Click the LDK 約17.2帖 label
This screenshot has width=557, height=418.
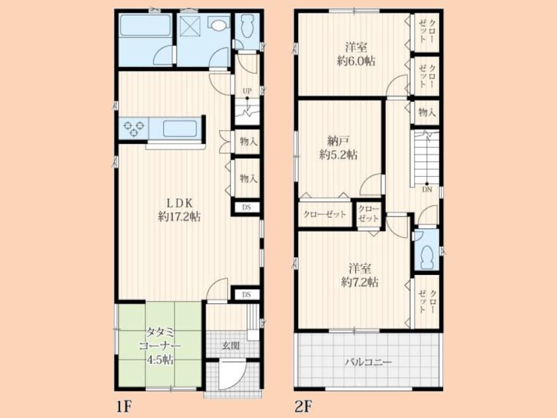tap(179, 210)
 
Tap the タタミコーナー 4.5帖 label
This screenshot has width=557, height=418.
tap(160, 346)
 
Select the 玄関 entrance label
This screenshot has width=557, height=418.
tap(231, 346)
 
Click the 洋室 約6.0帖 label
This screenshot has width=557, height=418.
tap(356, 54)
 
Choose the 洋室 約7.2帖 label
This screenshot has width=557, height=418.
tap(360, 275)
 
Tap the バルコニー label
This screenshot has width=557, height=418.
tap(369, 362)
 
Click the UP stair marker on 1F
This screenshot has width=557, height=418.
tap(247, 91)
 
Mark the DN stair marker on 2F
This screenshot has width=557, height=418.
tap(427, 189)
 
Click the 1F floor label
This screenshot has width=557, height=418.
tap(124, 406)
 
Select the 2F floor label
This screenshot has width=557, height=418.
tap(303, 406)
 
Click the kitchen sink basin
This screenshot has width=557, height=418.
tap(180, 129)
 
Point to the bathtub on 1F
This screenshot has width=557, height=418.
tap(145, 25)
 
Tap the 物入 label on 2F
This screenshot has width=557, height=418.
tap(427, 113)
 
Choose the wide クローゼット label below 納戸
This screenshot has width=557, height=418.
tap(324, 214)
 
